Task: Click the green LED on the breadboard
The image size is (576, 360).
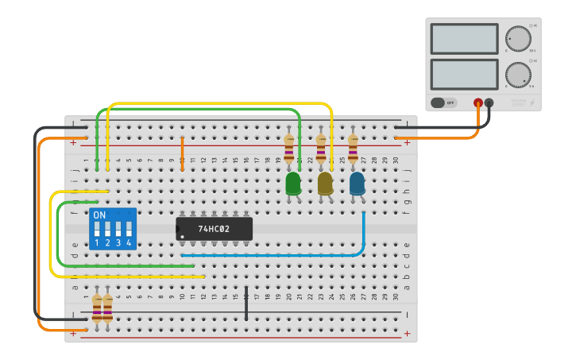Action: [x=293, y=183]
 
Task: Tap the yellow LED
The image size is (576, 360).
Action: [x=325, y=183]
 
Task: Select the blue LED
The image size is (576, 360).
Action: [x=358, y=183]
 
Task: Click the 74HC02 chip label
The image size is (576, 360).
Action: [x=214, y=229]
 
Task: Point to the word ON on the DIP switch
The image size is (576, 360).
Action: [x=99, y=215]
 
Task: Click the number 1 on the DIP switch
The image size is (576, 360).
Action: [x=97, y=242]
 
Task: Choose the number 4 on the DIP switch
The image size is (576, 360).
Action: [x=128, y=242]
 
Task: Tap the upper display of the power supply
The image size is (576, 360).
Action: [x=464, y=38]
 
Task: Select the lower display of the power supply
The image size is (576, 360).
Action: [x=464, y=74]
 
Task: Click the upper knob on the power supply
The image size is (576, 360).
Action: [x=518, y=38]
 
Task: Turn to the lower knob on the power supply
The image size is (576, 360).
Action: [x=518, y=75]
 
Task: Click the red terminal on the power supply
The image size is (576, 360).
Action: [x=478, y=103]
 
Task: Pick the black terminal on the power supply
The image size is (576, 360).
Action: [x=489, y=103]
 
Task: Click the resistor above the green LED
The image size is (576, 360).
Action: [x=289, y=149]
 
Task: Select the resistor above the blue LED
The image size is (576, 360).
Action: [x=353, y=149]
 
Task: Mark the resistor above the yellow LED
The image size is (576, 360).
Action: [x=321, y=149]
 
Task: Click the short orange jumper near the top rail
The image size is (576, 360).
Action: [x=182, y=152]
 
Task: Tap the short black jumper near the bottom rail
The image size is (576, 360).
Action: [x=246, y=303]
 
